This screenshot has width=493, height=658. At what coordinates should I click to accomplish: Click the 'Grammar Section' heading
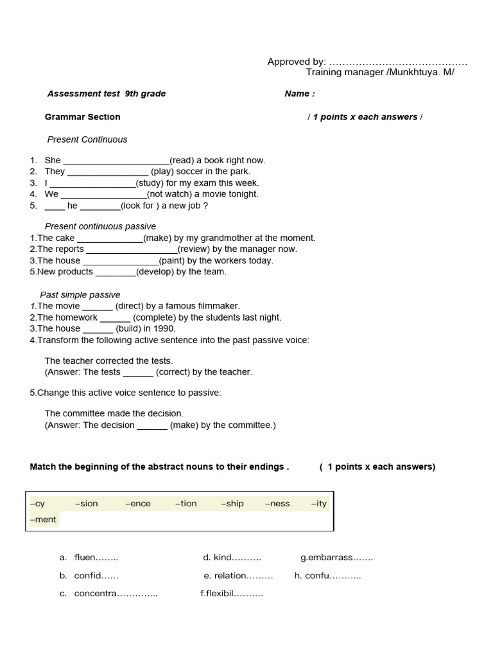click(82, 117)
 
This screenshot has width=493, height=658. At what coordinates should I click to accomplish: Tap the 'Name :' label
click(300, 94)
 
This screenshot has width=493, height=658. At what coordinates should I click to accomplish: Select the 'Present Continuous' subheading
click(87, 139)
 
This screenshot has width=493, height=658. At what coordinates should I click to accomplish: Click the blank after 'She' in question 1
click(116, 161)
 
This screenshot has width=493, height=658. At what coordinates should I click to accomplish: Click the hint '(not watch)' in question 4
click(171, 194)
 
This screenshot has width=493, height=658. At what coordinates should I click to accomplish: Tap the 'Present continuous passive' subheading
click(100, 226)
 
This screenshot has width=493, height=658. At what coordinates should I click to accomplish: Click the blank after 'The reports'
click(132, 250)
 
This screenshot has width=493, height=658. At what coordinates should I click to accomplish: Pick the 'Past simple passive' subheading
click(80, 295)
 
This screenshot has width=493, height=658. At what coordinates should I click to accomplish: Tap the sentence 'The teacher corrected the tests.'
click(108, 361)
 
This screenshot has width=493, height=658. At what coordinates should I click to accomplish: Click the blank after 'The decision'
click(152, 426)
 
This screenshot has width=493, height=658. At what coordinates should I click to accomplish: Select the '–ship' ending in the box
click(232, 504)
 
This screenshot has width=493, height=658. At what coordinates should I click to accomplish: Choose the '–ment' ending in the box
click(43, 519)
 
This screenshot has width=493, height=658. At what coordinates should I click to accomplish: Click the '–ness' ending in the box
click(277, 504)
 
